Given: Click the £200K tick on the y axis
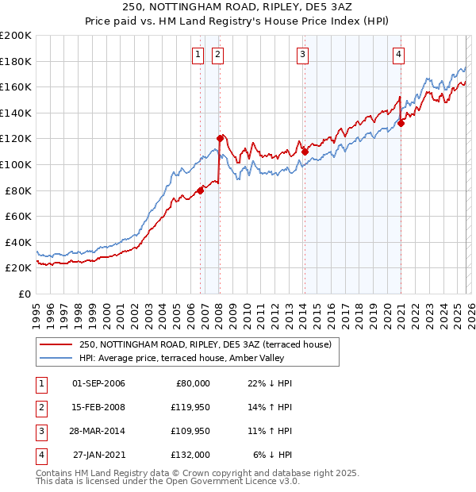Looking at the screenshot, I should tap(16, 36).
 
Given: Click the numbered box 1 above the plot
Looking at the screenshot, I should tap(197, 55).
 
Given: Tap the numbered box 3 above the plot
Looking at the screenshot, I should tap(303, 55).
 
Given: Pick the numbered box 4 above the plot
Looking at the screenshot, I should tap(398, 55).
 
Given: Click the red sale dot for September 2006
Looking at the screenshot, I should tap(201, 190).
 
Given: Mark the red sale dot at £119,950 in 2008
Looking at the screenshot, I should tap(221, 139).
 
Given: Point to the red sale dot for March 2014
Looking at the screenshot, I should tap(305, 152).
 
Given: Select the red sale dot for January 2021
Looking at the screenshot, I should tap(401, 123).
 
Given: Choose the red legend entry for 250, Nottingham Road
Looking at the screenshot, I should tap(209, 344).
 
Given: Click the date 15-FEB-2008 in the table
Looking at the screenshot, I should tap(98, 407).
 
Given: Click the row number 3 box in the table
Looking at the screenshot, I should tap(41, 431).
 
